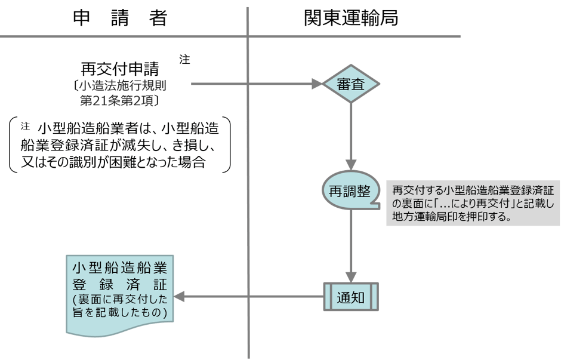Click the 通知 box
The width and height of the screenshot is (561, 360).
350,296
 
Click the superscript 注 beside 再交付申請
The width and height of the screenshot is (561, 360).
184,60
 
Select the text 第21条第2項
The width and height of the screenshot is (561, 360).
119,99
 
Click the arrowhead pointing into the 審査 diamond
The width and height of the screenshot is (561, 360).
317,85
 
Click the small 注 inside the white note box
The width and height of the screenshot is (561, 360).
25,126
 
